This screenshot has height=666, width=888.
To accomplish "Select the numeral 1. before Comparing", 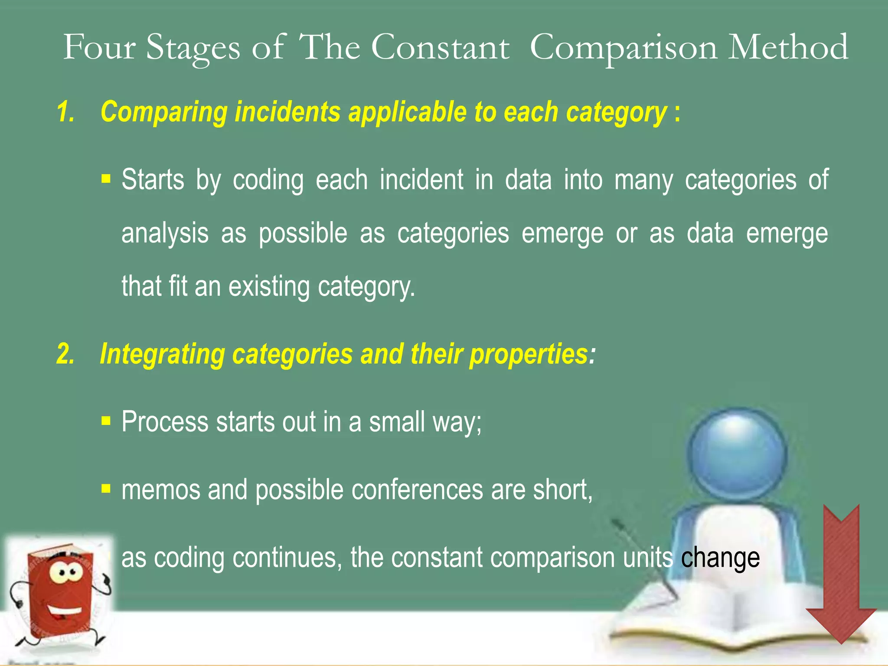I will pos(66,112).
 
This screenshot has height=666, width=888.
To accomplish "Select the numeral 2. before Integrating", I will pos(66,354).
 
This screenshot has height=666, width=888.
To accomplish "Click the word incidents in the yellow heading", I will pos(287,112).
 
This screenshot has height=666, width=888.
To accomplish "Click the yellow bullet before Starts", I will pos(106,179).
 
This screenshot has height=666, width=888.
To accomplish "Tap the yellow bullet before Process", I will pos(106,421).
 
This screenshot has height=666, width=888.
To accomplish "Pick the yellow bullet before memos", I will pos(106,489).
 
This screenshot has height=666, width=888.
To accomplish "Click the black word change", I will pos(720,558).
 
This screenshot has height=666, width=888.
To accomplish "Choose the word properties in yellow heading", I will pos(529,355).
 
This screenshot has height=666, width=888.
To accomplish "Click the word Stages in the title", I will pos(193,48).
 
